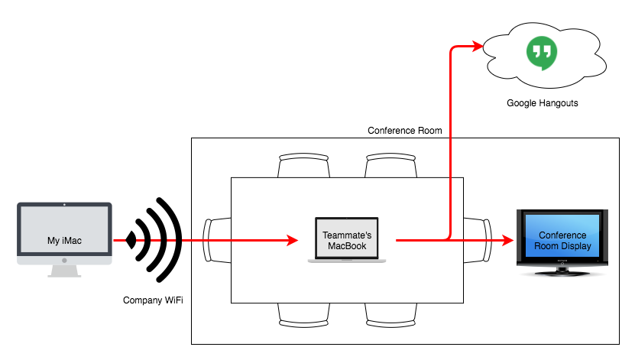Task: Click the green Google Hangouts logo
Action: pos(542,53)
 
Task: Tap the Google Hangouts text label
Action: pos(543,103)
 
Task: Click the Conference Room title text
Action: pos(404,131)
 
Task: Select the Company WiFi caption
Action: pos(153,300)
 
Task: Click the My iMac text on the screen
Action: pos(64,241)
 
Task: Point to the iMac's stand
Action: pos(64,271)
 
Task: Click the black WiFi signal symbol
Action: pos(154,240)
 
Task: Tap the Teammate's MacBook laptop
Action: pos(347,240)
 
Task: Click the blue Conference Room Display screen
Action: pos(562,235)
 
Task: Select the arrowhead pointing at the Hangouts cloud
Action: pos(477,46)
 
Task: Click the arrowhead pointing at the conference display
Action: pos(508,240)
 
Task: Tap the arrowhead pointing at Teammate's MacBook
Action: pos(293,240)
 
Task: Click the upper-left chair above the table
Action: pos(303,165)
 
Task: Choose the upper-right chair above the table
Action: pos(390,165)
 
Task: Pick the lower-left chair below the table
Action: pos(303,315)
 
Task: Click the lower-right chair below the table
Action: pos(390,315)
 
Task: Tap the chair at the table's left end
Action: pos(217,240)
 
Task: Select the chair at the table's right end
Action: pos(478,240)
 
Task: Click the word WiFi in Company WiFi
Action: pos(173,300)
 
